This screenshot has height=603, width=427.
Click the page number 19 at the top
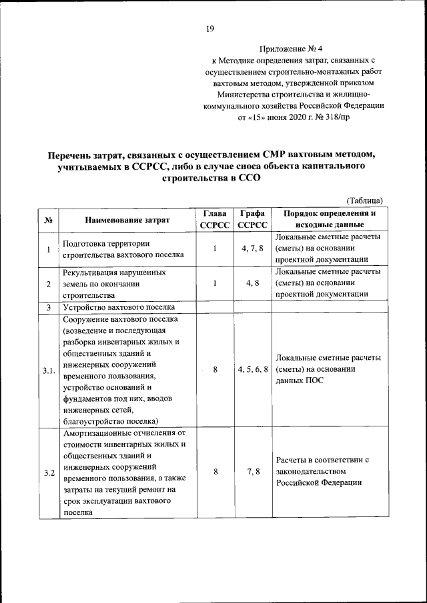[209, 28]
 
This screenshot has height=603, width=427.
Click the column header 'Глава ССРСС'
[215, 219]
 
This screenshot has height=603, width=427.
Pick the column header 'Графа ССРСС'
[252, 219]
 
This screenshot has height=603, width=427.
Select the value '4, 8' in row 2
[252, 283]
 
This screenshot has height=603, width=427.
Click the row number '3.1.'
[48, 370]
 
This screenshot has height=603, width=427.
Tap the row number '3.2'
[48, 472]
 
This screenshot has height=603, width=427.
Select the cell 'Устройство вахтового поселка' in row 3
[119, 307]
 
